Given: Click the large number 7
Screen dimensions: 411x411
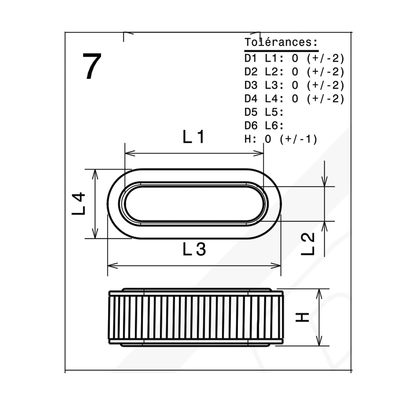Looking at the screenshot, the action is tap(92, 66).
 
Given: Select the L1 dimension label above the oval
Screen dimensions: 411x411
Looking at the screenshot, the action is tap(194, 137).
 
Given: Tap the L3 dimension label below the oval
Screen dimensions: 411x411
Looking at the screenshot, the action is tap(194, 249).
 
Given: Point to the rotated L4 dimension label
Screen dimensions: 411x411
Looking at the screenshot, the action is tap(79, 204).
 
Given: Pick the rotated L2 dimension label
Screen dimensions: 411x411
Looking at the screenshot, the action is tap(307, 244).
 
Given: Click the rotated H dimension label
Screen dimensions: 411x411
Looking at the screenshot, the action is tap(302, 317).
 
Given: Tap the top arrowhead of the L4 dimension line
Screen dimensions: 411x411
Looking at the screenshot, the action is tap(95, 174).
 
